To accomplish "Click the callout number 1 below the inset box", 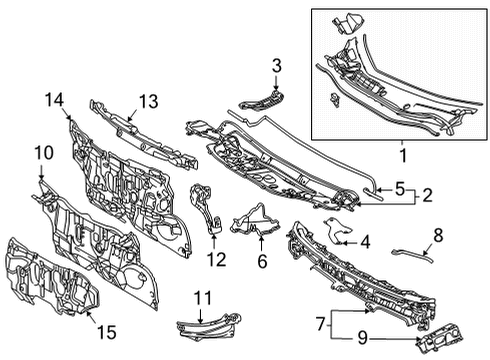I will pyautogui.click(x=404, y=157).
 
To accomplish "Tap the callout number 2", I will pyautogui.click(x=426, y=194).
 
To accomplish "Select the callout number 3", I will pyautogui.click(x=276, y=67).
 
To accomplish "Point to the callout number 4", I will pyautogui.click(x=365, y=240).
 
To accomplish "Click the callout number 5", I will pyautogui.click(x=399, y=186).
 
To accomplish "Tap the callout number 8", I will pyautogui.click(x=437, y=235).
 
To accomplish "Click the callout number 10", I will pyautogui.click(x=43, y=152).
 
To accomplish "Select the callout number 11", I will pyautogui.click(x=204, y=296).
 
